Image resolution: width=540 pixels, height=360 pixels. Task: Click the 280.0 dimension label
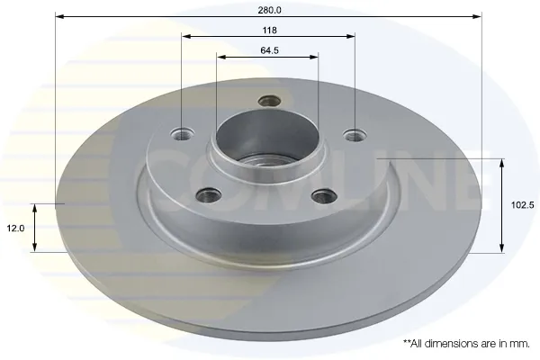coord(269,10)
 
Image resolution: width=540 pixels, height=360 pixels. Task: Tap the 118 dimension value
coord(269,31)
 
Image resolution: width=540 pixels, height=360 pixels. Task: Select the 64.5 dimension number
coord(269,50)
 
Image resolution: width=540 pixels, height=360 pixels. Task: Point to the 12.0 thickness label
coord(15,228)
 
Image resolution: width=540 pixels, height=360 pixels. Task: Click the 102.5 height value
coord(522,205)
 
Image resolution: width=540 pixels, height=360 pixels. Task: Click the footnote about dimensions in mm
coord(466,344)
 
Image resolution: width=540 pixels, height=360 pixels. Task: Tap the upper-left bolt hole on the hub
coord(182,134)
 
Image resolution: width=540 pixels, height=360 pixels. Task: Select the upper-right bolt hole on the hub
coord(355,135)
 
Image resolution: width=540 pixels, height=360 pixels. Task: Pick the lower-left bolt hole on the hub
coord(208,195)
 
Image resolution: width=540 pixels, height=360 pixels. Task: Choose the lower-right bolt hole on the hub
coord(324,196)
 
